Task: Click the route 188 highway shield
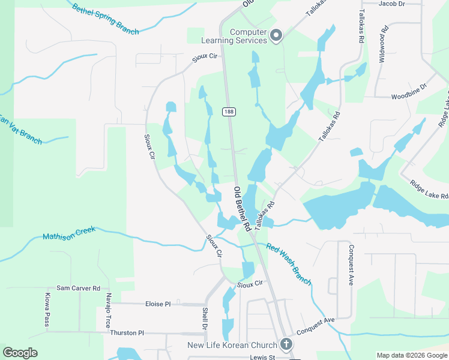point(228,112)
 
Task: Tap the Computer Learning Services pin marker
point(276,36)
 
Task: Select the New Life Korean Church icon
point(286,344)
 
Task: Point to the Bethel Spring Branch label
point(106,19)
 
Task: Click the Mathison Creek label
point(70,235)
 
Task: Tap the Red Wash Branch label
point(289,265)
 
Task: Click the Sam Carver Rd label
point(78,289)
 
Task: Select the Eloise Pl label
point(158,304)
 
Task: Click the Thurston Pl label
point(127,332)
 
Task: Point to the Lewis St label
point(262,358)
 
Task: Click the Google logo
point(20,353)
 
